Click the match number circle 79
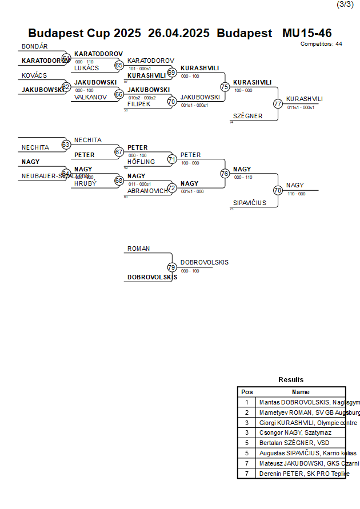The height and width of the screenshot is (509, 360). click(171, 267)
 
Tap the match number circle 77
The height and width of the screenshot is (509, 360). click(278, 104)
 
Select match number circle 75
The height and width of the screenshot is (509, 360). click(225, 87)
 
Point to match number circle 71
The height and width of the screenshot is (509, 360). click(171, 159)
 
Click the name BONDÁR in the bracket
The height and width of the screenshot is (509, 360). click(35, 46)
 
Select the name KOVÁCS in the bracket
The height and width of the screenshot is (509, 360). click(34, 75)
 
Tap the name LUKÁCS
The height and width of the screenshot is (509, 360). click(86, 68)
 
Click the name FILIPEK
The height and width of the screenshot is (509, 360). click(139, 104)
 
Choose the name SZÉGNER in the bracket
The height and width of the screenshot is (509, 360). click(248, 116)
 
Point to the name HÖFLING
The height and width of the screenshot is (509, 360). click(141, 162)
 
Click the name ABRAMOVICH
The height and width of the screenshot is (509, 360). click(148, 191)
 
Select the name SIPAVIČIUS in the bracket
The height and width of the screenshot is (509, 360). click(250, 203)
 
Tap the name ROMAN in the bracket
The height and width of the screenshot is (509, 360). click(139, 249)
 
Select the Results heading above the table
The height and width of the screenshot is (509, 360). click(291, 379)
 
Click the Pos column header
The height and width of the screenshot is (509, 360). click(247, 392)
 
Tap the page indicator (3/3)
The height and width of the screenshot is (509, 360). click(345, 5)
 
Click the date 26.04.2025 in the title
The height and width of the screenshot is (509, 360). click(179, 33)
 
